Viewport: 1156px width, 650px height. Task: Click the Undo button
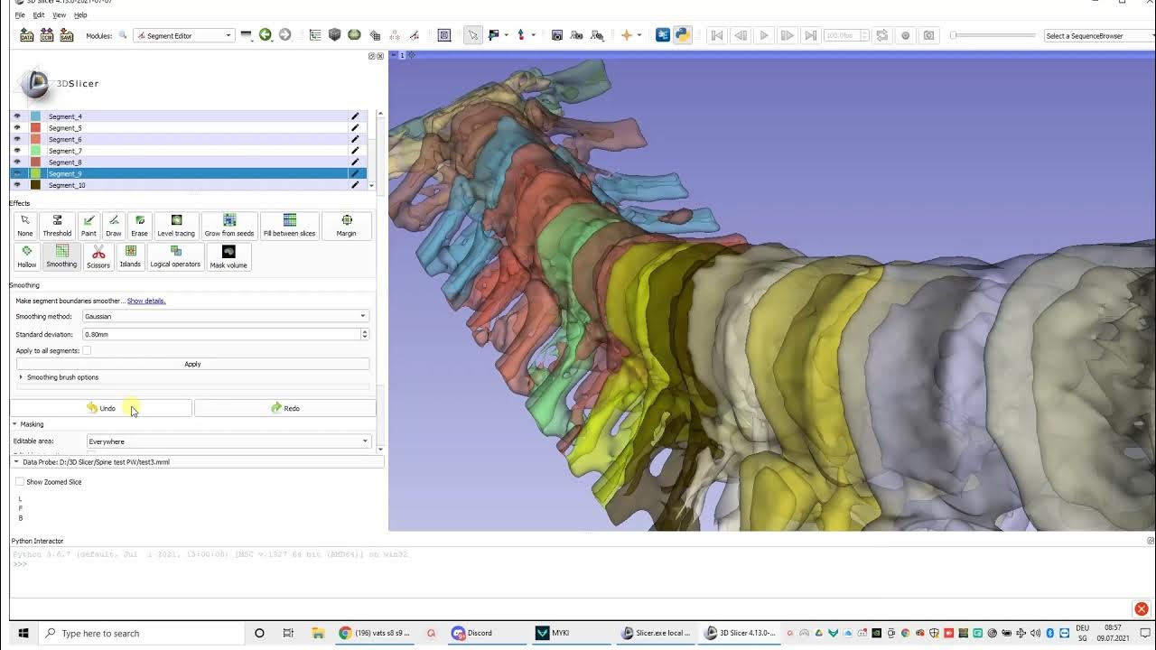(x=101, y=408)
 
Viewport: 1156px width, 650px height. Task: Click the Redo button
(x=284, y=408)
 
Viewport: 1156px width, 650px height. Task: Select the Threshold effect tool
(x=57, y=226)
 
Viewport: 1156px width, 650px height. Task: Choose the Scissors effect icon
(x=98, y=256)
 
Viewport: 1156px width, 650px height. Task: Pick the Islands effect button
(x=130, y=256)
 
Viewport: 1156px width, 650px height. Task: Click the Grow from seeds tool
(x=229, y=226)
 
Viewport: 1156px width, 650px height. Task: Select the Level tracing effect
(x=176, y=226)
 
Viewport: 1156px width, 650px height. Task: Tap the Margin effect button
(x=346, y=226)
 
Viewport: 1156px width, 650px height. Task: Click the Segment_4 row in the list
(x=65, y=116)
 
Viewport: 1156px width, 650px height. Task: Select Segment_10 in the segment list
(x=67, y=185)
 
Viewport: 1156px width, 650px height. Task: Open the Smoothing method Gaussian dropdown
(x=225, y=316)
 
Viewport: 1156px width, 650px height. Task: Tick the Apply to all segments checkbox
(x=87, y=350)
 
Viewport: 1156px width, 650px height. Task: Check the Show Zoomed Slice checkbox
(x=20, y=482)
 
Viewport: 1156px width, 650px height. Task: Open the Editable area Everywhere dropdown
(x=228, y=441)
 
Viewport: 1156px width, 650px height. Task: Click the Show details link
(x=146, y=301)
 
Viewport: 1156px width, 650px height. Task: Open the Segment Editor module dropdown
(x=183, y=35)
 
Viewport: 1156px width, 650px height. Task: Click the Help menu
(x=80, y=15)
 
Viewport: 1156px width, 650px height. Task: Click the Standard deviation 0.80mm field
(x=220, y=334)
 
